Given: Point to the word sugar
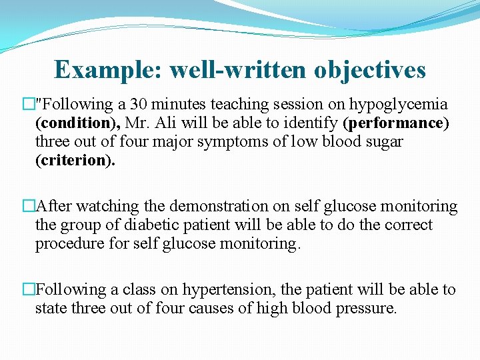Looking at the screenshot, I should coord(381,143).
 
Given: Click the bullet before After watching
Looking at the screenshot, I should coord(28,207).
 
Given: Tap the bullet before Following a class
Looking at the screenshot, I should coord(28,290).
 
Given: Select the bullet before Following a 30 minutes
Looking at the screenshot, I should coord(28,105).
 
